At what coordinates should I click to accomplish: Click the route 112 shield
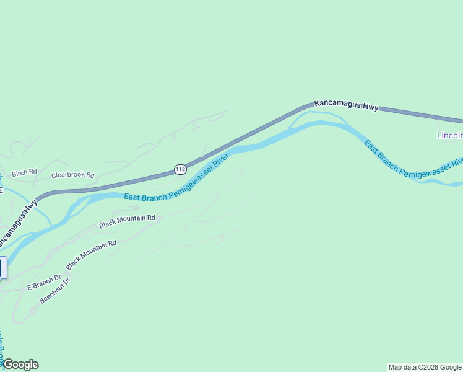click(180, 169)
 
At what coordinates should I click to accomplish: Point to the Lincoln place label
click(449, 135)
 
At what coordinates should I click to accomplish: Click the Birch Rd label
click(24, 172)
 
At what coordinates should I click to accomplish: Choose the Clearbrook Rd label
click(72, 175)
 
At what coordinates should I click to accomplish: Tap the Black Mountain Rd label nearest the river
click(126, 221)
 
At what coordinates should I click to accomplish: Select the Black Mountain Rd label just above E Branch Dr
click(91, 254)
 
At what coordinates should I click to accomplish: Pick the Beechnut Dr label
click(55, 291)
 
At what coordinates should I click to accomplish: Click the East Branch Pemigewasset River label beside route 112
click(176, 179)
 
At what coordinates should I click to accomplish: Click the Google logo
click(20, 365)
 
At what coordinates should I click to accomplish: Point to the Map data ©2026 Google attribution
click(425, 367)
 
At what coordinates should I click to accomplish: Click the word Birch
click(20, 172)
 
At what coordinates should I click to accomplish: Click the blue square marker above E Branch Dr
click(2, 267)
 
